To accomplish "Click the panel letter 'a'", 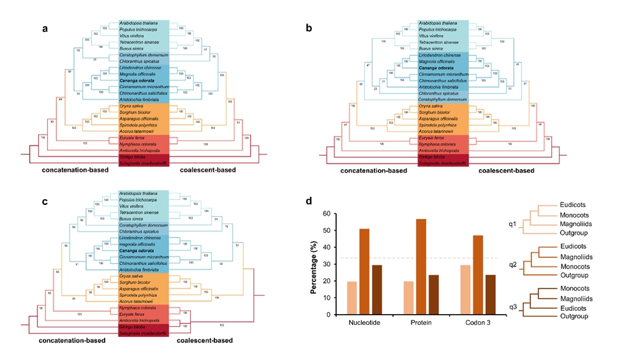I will tap(45, 28).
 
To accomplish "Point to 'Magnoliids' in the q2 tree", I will tap(572, 257).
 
